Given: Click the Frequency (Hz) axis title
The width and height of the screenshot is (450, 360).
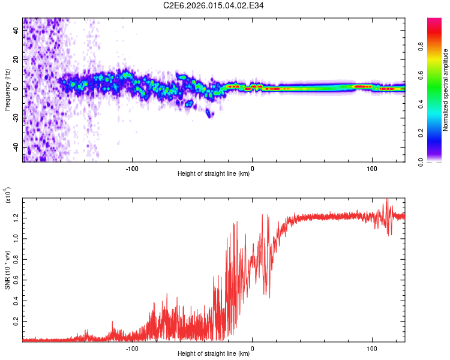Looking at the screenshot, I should (8, 90).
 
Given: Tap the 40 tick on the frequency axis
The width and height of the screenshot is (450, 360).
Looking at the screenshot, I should (17, 31).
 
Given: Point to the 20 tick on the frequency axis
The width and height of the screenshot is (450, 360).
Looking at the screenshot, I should (17, 60).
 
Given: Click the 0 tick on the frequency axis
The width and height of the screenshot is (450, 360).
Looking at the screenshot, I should (17, 89).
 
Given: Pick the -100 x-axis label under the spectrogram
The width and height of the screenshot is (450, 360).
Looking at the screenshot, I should (133, 168).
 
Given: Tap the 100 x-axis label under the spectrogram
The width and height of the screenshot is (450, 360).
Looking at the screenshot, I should (371, 168).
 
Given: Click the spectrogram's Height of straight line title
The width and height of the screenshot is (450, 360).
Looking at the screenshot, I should (214, 174).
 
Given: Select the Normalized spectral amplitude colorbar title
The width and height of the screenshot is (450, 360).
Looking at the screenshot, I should (445, 90).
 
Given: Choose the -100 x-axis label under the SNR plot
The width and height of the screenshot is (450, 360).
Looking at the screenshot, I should (133, 347).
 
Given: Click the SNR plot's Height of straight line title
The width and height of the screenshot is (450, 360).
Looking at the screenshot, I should (214, 354).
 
